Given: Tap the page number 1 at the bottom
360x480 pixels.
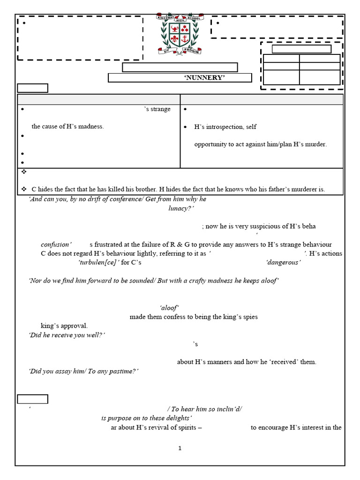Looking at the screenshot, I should pos(180,449).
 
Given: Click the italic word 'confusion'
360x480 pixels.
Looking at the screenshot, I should pos(56,245).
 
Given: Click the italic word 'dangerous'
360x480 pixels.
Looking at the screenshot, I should pos(283,262).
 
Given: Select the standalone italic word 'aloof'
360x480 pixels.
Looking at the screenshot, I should pos(169,308).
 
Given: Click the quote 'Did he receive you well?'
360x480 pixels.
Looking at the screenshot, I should pos(67,335).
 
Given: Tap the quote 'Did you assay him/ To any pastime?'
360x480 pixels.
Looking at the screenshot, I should pos(83,371).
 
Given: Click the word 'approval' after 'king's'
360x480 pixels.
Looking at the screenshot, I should pos(75,326).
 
